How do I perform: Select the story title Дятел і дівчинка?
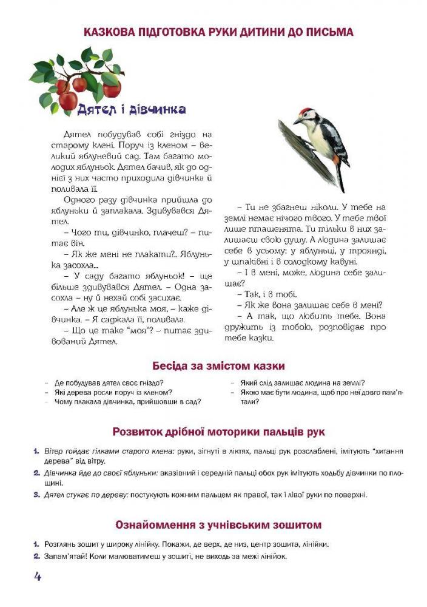click(x=131, y=109)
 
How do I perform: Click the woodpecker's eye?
click(x=306, y=116)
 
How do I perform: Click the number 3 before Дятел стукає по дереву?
click(x=36, y=495)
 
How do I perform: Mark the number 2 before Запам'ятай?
click(x=36, y=556)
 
